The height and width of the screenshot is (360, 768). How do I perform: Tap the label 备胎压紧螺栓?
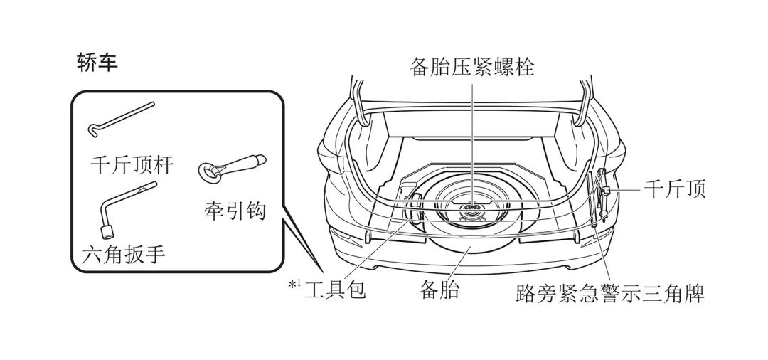[472, 68]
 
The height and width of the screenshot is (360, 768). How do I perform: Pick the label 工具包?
[335, 290]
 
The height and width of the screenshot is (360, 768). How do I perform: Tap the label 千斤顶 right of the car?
[674, 190]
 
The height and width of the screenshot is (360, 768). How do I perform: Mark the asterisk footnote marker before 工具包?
[292, 286]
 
